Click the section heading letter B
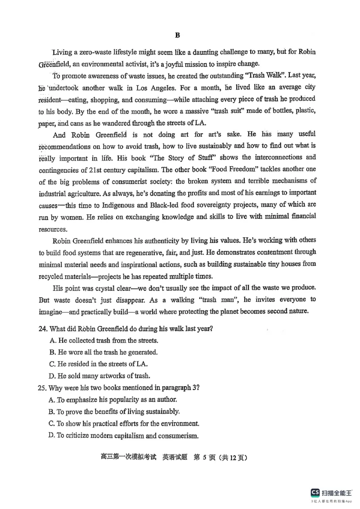pos(177,35)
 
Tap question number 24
pos(43,329)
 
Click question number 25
pos(43,388)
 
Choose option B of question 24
pos(103,352)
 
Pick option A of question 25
pos(113,399)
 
